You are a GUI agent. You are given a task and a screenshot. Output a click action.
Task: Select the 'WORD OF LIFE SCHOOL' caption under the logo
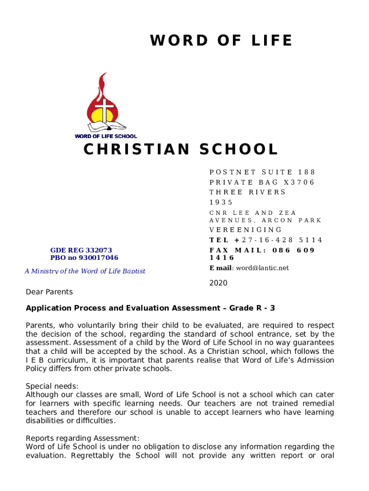point(105,136)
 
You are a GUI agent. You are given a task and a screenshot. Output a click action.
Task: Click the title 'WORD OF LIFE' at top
point(221,41)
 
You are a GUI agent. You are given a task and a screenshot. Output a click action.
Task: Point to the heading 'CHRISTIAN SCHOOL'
point(181,150)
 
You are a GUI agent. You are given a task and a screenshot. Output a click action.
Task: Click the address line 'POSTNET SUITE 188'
point(263,172)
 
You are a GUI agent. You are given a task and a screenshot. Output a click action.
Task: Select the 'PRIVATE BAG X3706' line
point(262,182)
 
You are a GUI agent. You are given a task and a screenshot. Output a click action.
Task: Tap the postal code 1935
point(221,202)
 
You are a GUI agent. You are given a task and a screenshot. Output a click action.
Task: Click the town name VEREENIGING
point(246,230)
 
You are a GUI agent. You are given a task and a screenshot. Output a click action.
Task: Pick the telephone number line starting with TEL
point(265,240)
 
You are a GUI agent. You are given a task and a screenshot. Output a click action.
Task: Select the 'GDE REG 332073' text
point(81,250)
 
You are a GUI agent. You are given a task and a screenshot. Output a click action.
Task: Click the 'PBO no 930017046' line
point(84,258)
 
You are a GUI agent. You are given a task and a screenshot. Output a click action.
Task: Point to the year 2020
point(219,283)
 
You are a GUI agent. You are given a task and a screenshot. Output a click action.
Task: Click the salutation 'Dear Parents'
point(49,292)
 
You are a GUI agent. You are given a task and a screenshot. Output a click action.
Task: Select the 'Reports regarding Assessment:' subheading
point(82,438)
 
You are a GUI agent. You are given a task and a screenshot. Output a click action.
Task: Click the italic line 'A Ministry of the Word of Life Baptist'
point(85,271)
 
